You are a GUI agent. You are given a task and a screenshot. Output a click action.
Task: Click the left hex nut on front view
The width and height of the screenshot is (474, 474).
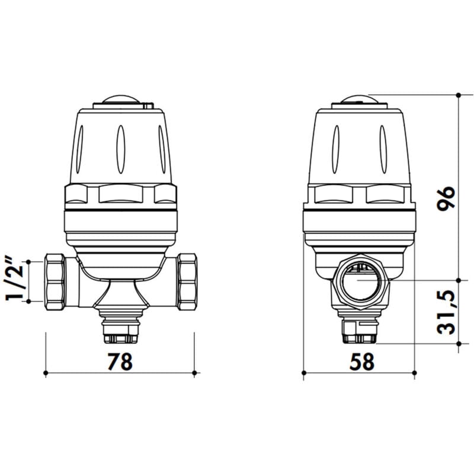coord(55,280)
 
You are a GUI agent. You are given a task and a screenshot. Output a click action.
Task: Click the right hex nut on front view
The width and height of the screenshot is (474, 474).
coord(187,280)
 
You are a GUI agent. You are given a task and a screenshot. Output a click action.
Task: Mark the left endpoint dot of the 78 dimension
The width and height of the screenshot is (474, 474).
coord(46,373)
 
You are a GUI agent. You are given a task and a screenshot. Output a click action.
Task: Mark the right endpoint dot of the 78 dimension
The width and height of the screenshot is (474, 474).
coord(195,373)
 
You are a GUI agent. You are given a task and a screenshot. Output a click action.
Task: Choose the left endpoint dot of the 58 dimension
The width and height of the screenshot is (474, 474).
coord(303,373)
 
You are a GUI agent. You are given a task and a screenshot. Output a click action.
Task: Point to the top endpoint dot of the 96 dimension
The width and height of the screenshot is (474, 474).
coord(459,95)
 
